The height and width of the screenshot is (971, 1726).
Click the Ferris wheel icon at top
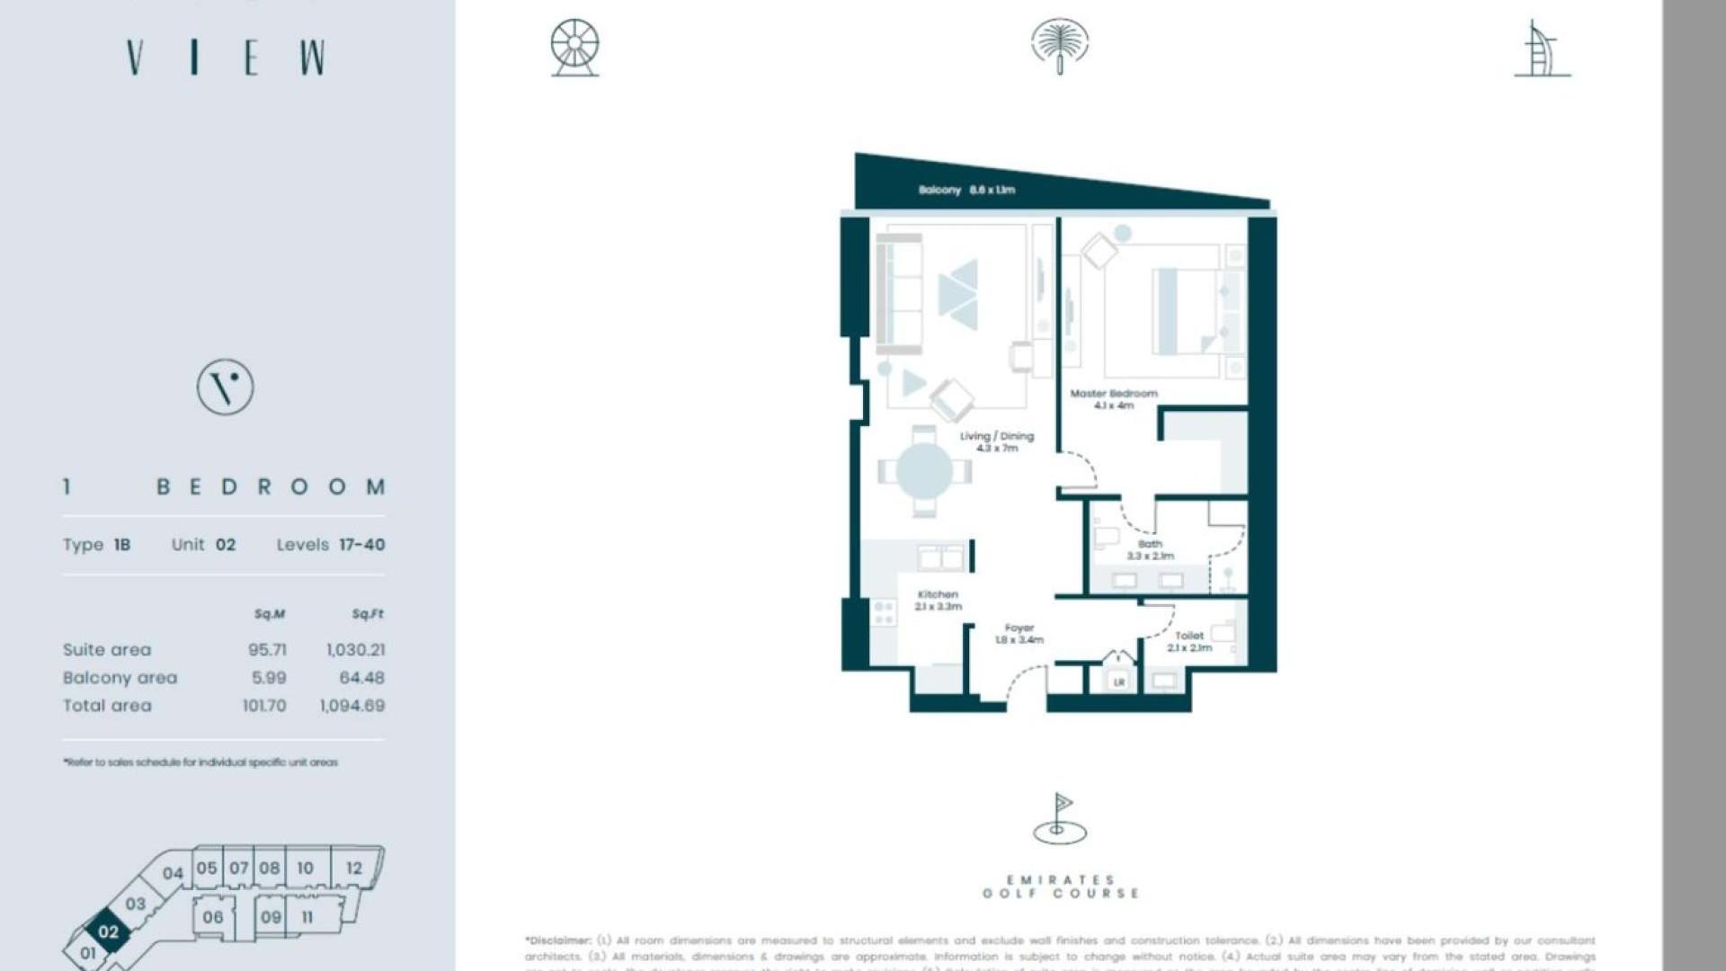coord(575,48)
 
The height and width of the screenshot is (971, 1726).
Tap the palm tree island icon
coord(1060,46)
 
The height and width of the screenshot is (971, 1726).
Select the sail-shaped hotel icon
coord(1543,50)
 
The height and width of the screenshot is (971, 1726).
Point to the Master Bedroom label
coord(1114,399)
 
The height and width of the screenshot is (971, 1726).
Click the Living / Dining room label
coord(996,441)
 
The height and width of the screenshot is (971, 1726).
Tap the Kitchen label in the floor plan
coord(938,600)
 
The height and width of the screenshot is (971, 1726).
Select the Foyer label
coord(1019,634)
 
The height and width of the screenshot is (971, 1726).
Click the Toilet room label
coord(1188,641)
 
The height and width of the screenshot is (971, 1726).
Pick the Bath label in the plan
coord(1150,549)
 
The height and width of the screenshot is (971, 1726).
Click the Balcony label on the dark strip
coord(966,190)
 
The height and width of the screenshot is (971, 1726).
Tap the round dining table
coord(924,470)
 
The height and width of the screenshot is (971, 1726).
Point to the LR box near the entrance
coord(1119,682)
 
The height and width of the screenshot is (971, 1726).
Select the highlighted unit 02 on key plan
coord(108,931)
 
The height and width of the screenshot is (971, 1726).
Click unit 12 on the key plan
coord(354,869)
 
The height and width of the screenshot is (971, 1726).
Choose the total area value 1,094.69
coord(352,706)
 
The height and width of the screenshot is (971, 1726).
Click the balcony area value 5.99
coord(269,678)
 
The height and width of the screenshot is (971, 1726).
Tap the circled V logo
coord(225,388)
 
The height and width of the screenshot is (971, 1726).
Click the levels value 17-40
coord(361,545)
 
